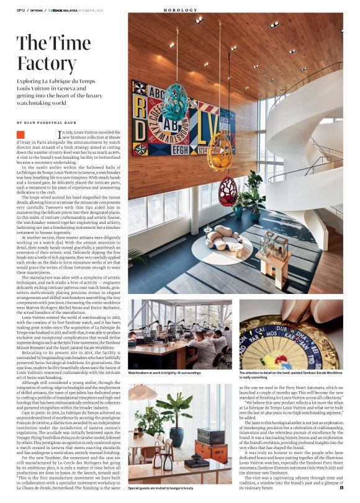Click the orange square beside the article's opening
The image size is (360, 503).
tap(20, 135)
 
